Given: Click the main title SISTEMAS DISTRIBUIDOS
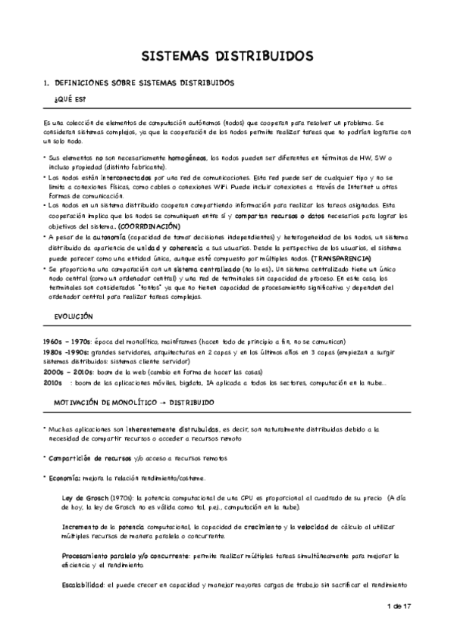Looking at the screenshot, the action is pos(227,56).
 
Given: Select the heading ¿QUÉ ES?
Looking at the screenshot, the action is pos(70,100).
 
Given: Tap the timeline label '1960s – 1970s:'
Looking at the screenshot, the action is pos(67,341).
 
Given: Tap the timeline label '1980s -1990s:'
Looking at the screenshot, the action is pos(67,352).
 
